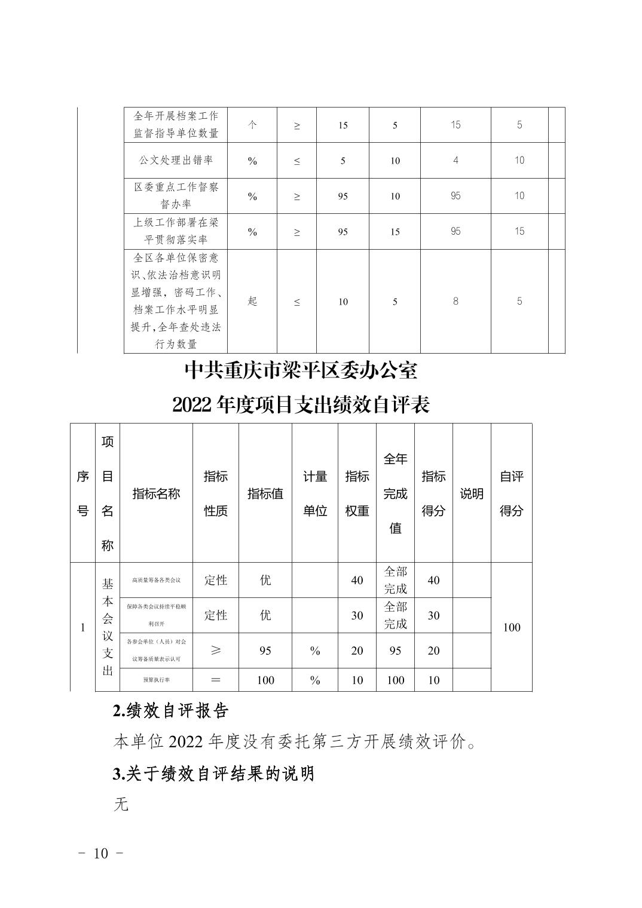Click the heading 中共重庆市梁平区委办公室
[x=301, y=371]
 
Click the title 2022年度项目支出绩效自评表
[x=301, y=405]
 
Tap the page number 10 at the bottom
[x=101, y=853]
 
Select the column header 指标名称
[x=156, y=493]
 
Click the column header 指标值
[x=265, y=493]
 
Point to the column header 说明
[x=472, y=493]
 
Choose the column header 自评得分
[x=512, y=493]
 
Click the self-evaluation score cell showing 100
[x=512, y=627]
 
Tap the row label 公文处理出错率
[x=176, y=160]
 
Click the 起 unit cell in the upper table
[x=252, y=301]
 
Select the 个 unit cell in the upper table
[x=252, y=125]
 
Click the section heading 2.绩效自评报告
[x=170, y=711]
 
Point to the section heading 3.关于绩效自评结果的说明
[x=213, y=774]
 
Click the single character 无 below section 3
[x=121, y=805]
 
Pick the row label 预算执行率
[x=156, y=680]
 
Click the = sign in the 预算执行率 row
[x=216, y=680]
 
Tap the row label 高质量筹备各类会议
[x=156, y=580]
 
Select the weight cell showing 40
[x=357, y=580]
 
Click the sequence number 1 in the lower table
[x=82, y=627]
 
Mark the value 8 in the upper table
[x=455, y=301]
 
